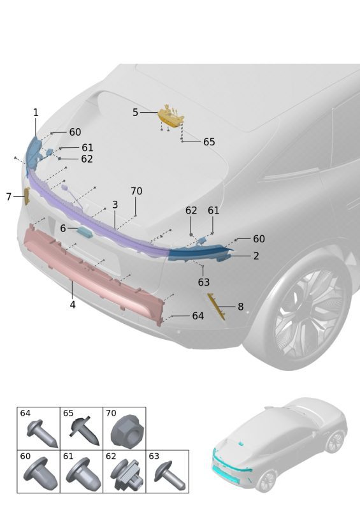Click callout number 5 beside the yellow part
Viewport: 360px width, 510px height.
point(135,113)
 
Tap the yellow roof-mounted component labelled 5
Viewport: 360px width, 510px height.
point(171,117)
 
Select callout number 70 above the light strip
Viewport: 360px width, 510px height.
point(136,191)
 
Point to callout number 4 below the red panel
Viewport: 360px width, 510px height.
point(73,305)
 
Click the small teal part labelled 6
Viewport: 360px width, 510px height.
point(85,231)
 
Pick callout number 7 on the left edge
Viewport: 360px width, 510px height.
point(9,197)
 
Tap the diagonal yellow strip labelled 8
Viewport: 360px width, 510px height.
point(216,307)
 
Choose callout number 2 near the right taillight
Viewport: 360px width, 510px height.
point(256,256)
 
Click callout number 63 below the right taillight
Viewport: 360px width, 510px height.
point(204,282)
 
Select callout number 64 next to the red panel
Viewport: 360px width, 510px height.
point(198,316)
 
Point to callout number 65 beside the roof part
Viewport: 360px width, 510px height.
point(209,142)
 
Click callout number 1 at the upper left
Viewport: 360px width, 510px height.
point(36,113)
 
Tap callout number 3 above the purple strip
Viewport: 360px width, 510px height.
point(115,205)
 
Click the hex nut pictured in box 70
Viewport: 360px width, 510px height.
point(124,432)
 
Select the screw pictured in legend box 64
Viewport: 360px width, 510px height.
point(42,433)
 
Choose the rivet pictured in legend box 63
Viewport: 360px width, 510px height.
point(169,476)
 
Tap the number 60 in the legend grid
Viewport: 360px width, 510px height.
point(25,456)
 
